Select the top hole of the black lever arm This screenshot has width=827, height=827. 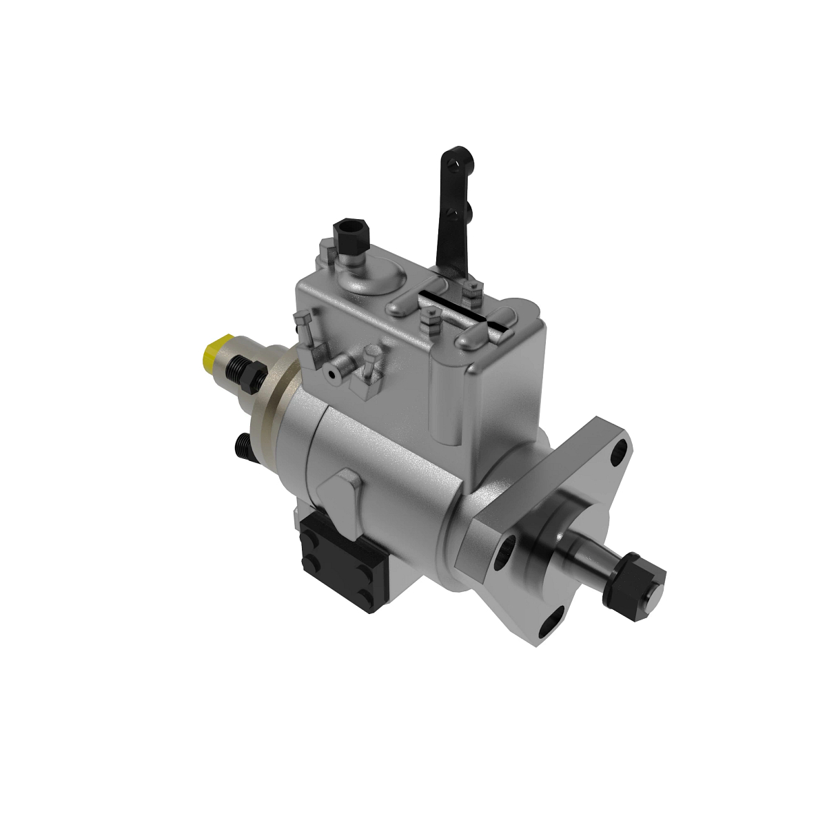point(452,161)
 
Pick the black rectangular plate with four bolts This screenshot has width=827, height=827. point(340,558)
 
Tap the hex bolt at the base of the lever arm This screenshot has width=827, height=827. point(471,293)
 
